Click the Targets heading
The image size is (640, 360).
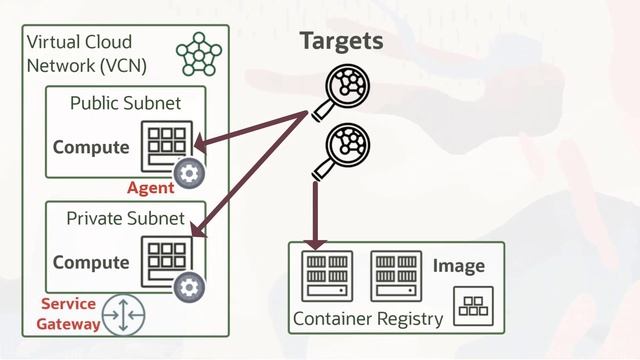tap(341, 42)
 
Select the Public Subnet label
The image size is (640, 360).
tap(125, 103)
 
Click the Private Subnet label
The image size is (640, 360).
tap(125, 218)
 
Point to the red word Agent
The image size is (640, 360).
tap(150, 188)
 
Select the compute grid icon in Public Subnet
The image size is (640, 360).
tap(163, 146)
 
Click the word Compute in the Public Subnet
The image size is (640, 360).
tap(91, 147)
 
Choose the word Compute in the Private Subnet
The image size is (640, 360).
tap(91, 262)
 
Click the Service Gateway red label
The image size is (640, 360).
tap(68, 314)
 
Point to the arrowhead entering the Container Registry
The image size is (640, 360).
tap(317, 241)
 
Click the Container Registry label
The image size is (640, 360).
tap(367, 319)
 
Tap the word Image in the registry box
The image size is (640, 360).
tap(458, 266)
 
